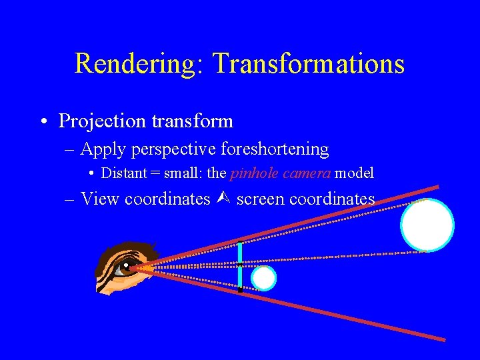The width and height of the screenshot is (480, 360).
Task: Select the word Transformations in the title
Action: [308, 64]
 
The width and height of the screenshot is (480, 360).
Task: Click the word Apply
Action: [103, 149]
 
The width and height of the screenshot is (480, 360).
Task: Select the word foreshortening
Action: [277, 149]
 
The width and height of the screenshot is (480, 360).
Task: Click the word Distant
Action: [124, 173]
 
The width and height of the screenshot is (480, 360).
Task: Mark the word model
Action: [354, 173]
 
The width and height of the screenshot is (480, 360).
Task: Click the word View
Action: [100, 199]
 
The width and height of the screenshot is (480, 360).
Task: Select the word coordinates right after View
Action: [167, 199]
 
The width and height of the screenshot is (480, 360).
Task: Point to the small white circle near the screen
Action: [264, 279]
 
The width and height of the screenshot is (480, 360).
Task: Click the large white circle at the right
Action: [427, 225]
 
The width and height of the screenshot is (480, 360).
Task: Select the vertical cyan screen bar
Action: [240, 265]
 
